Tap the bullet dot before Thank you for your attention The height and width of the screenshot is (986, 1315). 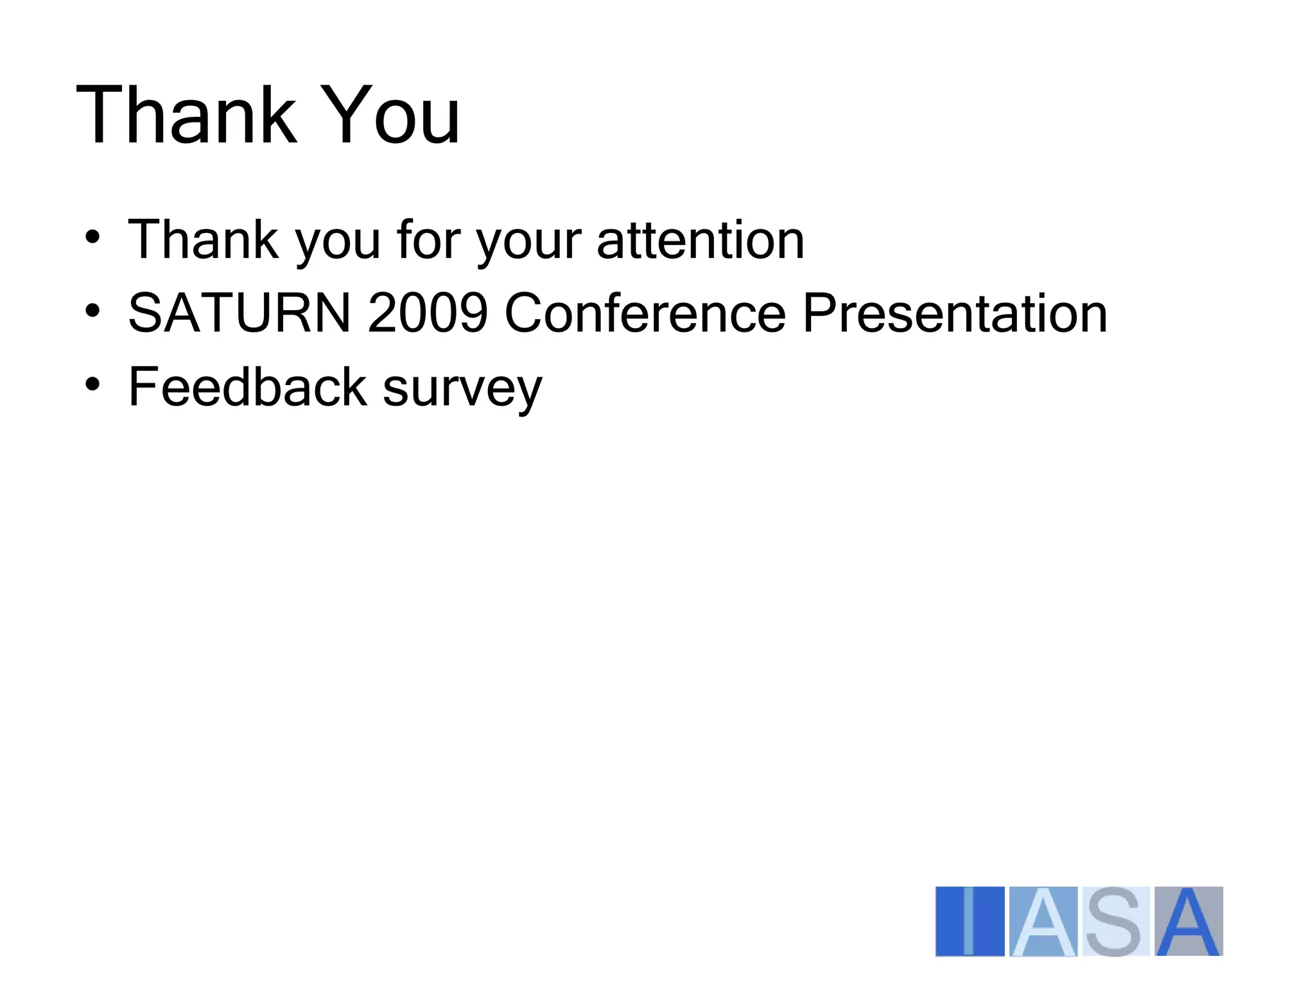click(x=92, y=237)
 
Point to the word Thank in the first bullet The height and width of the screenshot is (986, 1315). click(x=204, y=240)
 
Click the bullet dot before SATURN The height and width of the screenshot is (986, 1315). click(x=92, y=311)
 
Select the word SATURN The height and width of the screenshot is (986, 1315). click(x=239, y=313)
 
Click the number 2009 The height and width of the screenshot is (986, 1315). click(x=428, y=313)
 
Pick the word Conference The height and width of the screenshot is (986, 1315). click(x=645, y=313)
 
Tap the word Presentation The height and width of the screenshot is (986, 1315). click(x=955, y=313)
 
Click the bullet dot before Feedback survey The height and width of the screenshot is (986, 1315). click(x=92, y=385)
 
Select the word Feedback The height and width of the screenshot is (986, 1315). click(x=247, y=387)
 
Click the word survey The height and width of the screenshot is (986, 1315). click(x=462, y=390)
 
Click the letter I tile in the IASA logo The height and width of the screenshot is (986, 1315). click(x=970, y=921)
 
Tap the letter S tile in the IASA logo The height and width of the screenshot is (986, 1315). click(x=1115, y=921)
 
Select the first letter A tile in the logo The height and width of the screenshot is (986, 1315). click(x=1043, y=921)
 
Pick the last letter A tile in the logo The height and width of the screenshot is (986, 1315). click(x=1189, y=921)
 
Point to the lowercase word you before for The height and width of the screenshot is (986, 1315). click(x=338, y=244)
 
